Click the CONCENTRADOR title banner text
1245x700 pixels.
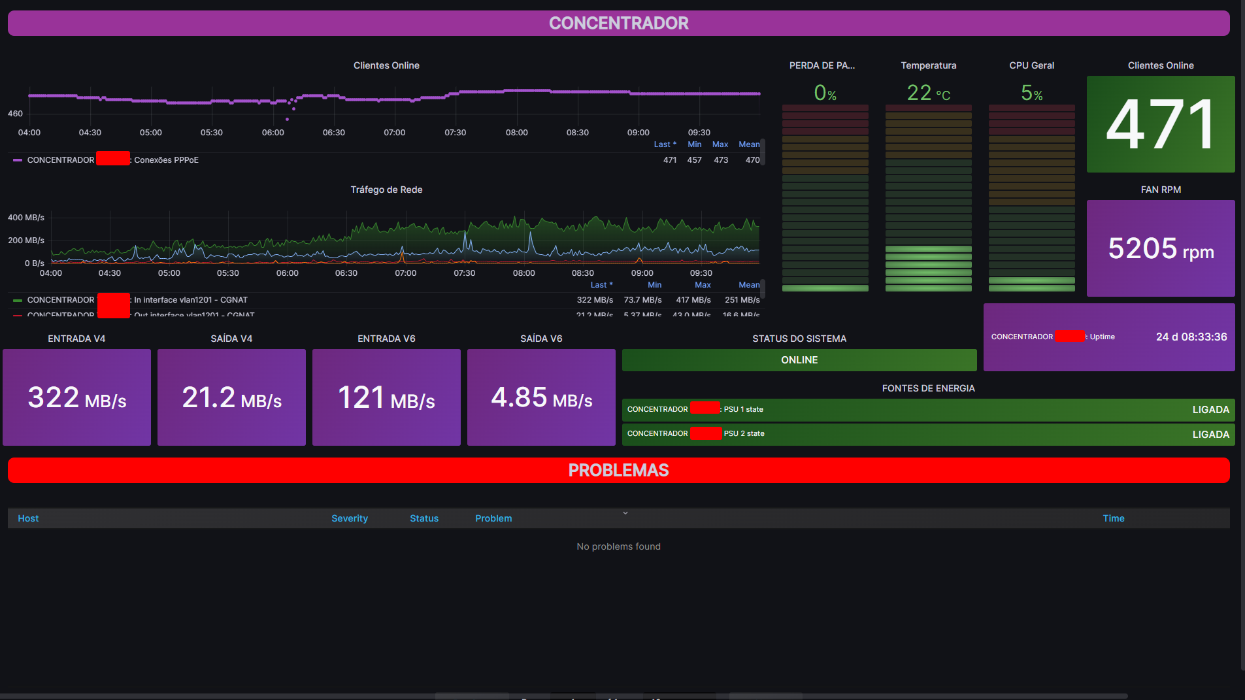tap(618, 24)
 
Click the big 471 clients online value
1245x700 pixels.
tap(1160, 124)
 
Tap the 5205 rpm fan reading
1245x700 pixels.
tap(1161, 249)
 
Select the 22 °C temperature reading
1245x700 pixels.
tap(928, 93)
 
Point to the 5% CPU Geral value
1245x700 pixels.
tap(1031, 93)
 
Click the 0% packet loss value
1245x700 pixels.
tap(825, 93)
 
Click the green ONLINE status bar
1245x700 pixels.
tap(799, 360)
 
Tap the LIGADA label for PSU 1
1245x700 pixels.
tap(1210, 410)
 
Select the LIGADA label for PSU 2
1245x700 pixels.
tap(1210, 435)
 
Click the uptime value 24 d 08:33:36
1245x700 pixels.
tap(1191, 337)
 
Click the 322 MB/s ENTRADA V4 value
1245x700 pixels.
tap(77, 398)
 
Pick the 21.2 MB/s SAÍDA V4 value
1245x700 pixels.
tap(231, 398)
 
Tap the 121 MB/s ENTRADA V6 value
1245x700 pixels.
tap(386, 398)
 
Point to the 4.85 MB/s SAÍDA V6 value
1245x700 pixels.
tap(541, 398)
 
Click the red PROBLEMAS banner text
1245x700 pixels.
tap(618, 471)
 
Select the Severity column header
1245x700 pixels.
tap(350, 518)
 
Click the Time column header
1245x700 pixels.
tap(1113, 518)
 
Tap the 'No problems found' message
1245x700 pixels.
tap(618, 546)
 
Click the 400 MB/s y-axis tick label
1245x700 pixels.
tap(26, 218)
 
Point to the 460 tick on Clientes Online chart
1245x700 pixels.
tap(15, 114)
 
